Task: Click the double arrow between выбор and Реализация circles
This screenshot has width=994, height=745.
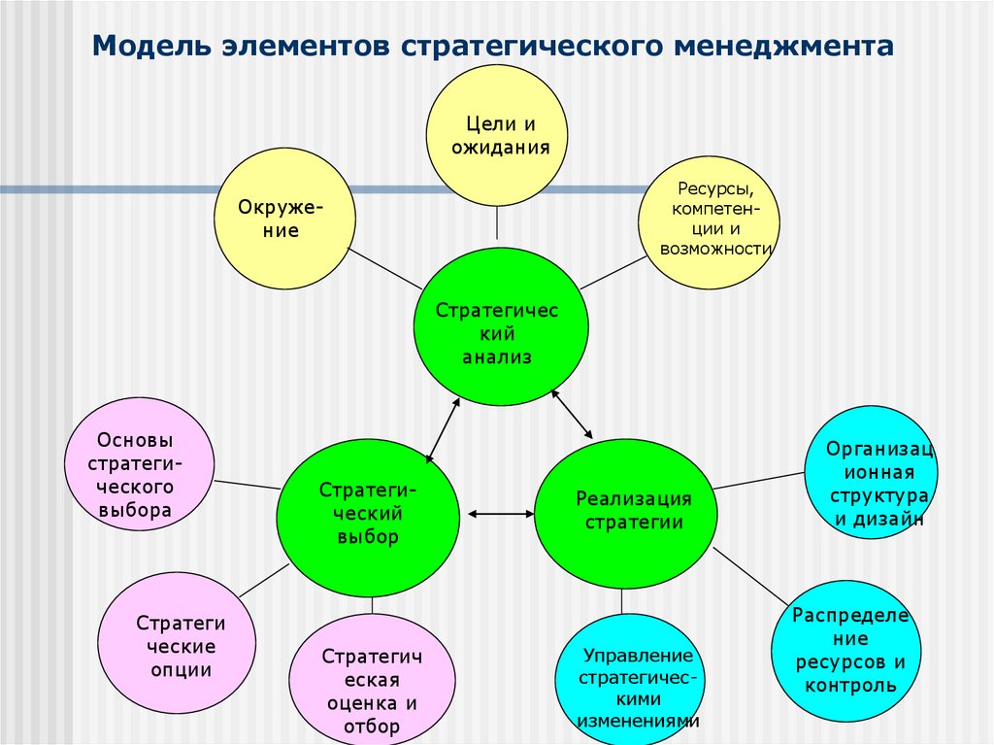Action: click(x=498, y=512)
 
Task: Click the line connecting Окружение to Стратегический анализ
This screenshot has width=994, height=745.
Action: click(x=383, y=267)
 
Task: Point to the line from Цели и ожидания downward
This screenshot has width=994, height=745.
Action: click(x=497, y=223)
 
